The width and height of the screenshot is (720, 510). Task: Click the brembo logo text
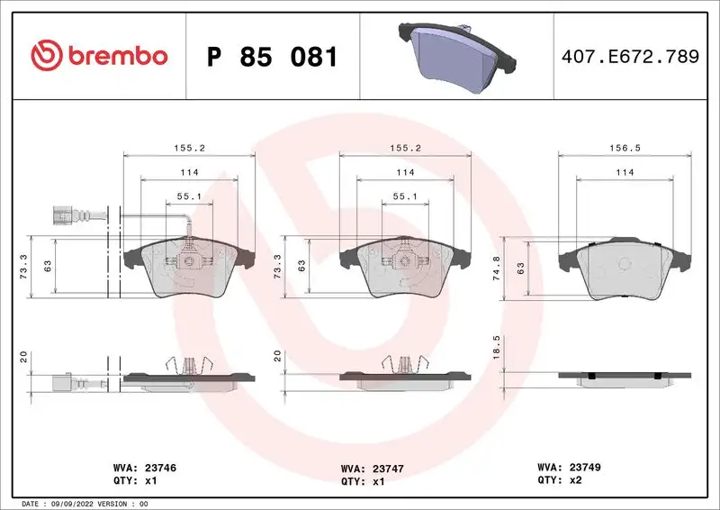click(114, 56)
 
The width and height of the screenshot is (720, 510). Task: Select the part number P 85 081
click(272, 57)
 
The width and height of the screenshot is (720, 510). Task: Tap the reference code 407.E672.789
click(629, 57)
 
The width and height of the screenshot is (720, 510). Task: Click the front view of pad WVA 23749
click(625, 270)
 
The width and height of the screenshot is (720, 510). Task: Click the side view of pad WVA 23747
click(404, 379)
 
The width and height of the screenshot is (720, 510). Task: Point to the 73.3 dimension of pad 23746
click(22, 268)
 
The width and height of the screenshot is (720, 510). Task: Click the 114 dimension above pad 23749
click(625, 172)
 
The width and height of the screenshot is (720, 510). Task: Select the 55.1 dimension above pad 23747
click(404, 195)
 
